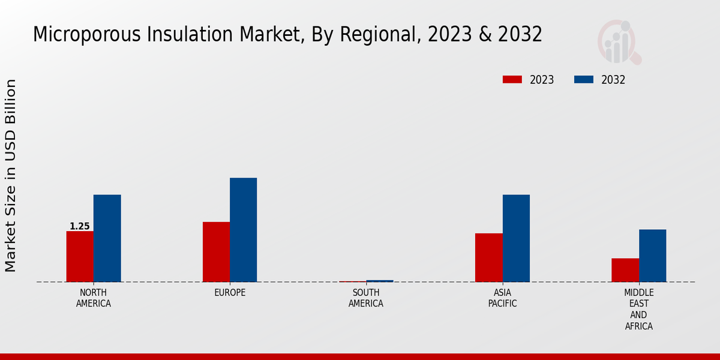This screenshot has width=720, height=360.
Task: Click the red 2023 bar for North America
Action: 80,256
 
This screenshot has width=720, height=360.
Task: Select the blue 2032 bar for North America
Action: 107,238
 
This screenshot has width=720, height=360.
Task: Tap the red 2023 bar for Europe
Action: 216,251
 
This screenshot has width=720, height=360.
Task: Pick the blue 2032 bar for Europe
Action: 243,230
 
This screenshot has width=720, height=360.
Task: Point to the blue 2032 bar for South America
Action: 380,281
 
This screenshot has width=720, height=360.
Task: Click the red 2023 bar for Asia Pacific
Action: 488,257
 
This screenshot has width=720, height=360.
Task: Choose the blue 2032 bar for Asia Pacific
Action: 516,238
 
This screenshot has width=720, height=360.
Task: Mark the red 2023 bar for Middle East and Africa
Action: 625,270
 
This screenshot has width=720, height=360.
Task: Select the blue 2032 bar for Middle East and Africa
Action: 652,256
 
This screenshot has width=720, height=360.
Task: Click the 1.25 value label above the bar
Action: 80,226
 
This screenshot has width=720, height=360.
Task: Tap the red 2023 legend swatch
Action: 512,80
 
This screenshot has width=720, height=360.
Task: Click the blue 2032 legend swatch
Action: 584,80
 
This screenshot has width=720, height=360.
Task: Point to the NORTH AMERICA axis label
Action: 94,298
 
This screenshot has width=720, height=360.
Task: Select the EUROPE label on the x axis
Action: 230,293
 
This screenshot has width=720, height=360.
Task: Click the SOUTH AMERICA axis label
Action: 366,298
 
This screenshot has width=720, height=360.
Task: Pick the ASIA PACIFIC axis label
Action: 502,298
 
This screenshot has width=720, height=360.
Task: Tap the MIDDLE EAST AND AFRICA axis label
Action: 638,310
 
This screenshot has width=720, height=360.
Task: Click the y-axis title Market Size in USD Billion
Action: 11,175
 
